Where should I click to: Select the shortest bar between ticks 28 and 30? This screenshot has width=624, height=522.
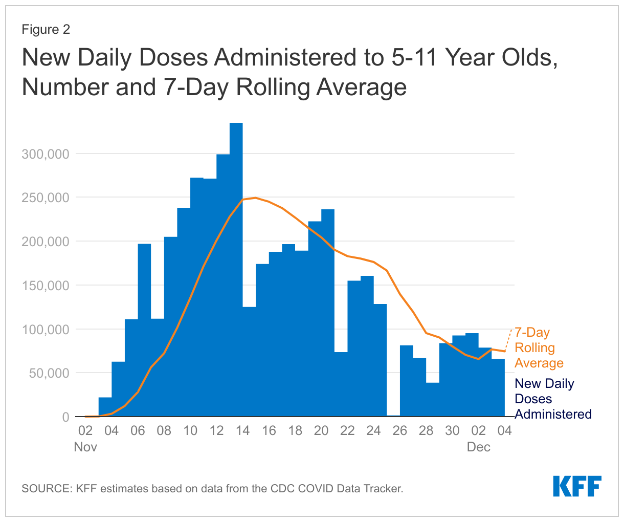(433, 399)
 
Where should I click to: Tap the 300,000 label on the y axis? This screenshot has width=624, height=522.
(45, 154)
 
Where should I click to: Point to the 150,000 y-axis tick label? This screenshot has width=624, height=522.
(45, 286)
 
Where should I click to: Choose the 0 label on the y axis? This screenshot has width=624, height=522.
(65, 417)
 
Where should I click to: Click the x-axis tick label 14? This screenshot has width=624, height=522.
(242, 430)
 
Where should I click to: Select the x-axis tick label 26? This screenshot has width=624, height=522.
(399, 430)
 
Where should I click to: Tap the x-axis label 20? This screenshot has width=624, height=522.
(321, 430)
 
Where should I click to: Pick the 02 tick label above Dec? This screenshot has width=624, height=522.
(478, 430)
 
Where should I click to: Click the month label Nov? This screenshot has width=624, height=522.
(85, 447)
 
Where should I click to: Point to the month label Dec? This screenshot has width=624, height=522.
(478, 447)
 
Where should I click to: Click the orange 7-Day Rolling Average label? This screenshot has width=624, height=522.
(539, 348)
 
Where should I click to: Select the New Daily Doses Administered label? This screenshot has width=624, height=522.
(552, 399)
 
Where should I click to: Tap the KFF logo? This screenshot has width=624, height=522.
(577, 486)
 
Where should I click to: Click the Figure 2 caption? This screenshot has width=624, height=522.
(46, 30)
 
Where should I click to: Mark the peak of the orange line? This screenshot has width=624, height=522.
(255, 198)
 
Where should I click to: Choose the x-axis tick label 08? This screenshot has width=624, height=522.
(164, 430)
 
